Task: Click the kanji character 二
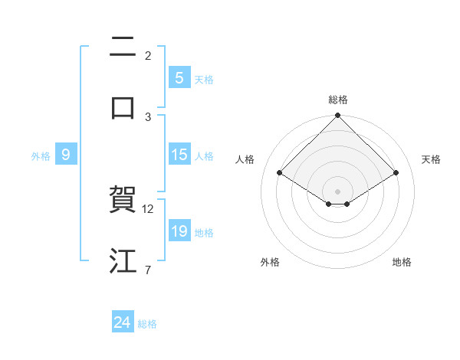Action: click(123, 47)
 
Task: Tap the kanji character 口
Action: click(123, 108)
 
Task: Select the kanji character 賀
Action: click(123, 201)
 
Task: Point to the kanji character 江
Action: click(123, 261)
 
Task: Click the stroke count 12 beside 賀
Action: click(149, 209)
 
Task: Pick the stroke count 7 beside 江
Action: click(148, 270)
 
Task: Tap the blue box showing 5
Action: click(179, 77)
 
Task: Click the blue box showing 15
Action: click(179, 155)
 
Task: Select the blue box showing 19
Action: click(179, 231)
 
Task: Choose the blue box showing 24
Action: click(122, 323)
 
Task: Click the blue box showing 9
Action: click(66, 155)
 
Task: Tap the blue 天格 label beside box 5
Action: click(204, 79)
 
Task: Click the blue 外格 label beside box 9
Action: click(41, 155)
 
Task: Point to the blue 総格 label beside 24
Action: click(147, 324)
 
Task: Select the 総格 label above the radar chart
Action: click(338, 100)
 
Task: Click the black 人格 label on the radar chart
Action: click(245, 159)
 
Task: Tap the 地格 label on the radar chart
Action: click(402, 262)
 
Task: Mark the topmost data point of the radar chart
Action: click(338, 116)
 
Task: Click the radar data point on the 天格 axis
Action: click(396, 172)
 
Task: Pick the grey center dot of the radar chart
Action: click(338, 191)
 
